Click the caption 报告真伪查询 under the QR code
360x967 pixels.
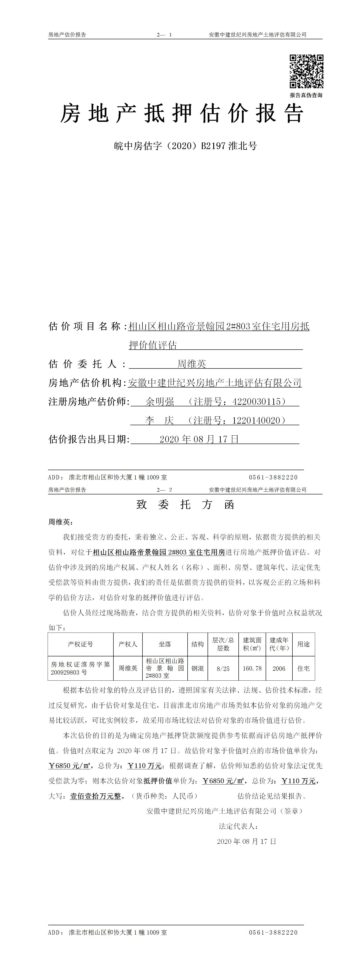[306, 95]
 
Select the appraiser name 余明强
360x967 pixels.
[160, 402]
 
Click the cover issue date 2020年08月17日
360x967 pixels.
[199, 439]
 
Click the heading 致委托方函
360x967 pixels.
[185, 505]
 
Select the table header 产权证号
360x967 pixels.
[80, 644]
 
